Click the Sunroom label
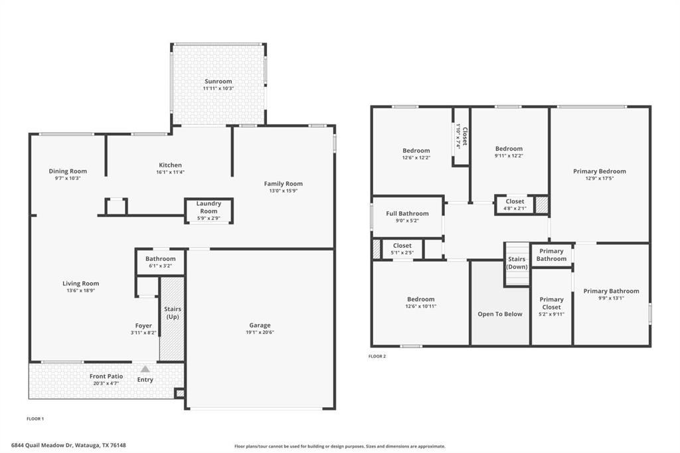pyautogui.click(x=218, y=81)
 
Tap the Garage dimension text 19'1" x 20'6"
pyautogui.click(x=260, y=332)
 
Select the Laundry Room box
pyautogui.click(x=209, y=211)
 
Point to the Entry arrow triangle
pyautogui.click(x=145, y=368)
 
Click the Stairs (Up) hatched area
pyautogui.click(x=172, y=319)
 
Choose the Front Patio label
pyautogui.click(x=106, y=376)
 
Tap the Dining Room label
pyautogui.click(x=68, y=171)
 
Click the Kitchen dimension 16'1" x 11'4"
pyautogui.click(x=170, y=172)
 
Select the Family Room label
pyautogui.click(x=283, y=183)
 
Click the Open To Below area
pyautogui.click(x=500, y=314)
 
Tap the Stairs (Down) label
pyautogui.click(x=517, y=262)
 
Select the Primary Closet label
pyautogui.click(x=551, y=303)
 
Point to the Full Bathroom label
pyautogui.click(x=407, y=213)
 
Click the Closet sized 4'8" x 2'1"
pyautogui.click(x=515, y=205)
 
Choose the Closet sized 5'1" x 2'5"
pyautogui.click(x=402, y=249)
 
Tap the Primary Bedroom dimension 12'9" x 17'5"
pyautogui.click(x=599, y=178)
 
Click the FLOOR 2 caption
pyautogui.click(x=377, y=356)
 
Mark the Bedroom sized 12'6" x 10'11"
pyautogui.click(x=420, y=302)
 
